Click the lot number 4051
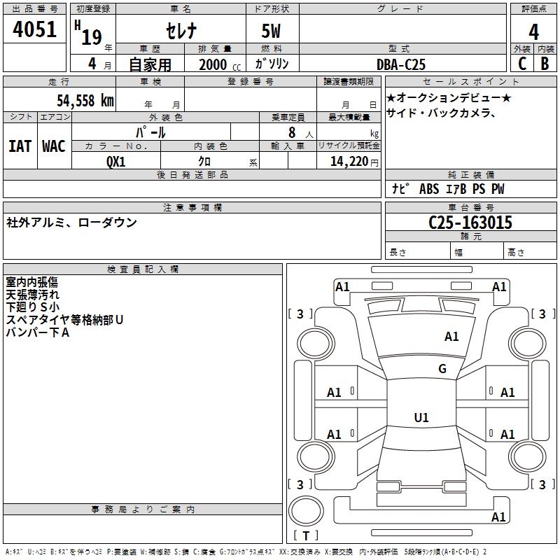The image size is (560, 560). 34,31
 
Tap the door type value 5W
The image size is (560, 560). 272,32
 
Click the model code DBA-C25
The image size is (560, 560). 402,64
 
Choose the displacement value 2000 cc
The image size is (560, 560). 215,64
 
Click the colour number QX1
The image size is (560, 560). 115,161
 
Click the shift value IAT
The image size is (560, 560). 20,146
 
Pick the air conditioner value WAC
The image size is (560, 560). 53,146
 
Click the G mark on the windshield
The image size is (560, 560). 442,369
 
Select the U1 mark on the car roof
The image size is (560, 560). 421,418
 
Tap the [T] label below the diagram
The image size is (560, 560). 306,535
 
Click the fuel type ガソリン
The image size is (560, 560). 272,64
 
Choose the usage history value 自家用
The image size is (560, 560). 150,64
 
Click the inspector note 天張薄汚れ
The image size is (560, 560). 33,295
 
